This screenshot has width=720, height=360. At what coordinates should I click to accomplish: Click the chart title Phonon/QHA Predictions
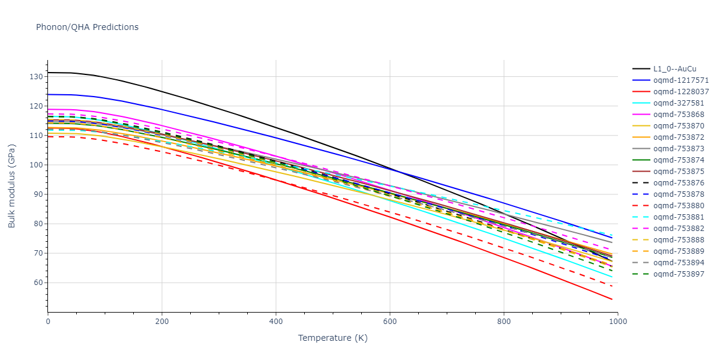coord(87,27)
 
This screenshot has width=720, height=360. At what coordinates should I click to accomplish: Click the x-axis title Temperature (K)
coord(332,338)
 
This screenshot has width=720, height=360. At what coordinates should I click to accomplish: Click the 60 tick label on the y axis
coord(38,283)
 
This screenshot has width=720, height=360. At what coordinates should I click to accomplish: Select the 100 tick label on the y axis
coord(37,165)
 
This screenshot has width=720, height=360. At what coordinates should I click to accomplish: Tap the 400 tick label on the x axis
coord(275,322)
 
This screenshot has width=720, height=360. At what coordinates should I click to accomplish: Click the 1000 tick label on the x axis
coord(618,322)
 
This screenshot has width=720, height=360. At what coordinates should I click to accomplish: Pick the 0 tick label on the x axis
coord(48,322)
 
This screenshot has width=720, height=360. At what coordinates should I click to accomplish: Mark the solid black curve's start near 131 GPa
coord(49,73)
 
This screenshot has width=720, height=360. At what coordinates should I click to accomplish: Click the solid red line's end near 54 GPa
coord(611,299)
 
